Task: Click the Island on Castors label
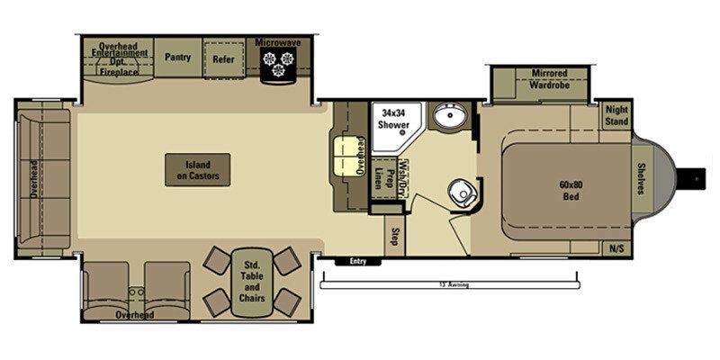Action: pos(197,169)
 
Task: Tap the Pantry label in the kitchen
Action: pos(177,57)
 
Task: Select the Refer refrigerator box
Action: pos(223,60)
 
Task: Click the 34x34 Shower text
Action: pos(393,119)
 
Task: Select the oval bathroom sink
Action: pos(446,116)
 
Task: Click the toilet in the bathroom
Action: pos(463,190)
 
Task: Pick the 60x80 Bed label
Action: pos(566,191)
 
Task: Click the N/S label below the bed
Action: pos(616,247)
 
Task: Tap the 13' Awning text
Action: pos(453,285)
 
